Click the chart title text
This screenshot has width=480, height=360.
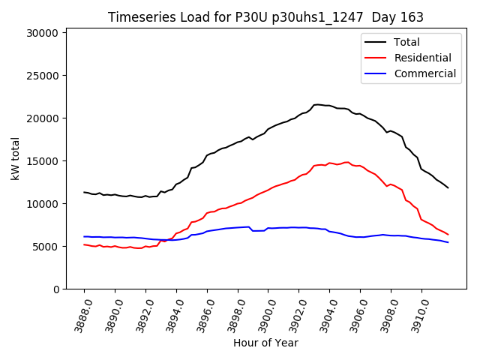click(265, 17)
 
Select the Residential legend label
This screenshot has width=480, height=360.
click(422, 58)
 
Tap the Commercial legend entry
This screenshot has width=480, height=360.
click(424, 73)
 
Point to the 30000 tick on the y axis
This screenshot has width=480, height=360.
click(43, 33)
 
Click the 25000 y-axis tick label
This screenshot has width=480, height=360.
click(43, 76)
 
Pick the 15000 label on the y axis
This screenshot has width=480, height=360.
click(43, 161)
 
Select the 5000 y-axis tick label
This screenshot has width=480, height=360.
click(46, 247)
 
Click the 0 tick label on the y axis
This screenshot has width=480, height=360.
click(56, 289)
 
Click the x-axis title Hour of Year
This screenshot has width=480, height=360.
click(265, 343)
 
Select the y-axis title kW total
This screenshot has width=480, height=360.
click(15, 158)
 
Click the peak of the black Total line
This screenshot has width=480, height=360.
click(316, 105)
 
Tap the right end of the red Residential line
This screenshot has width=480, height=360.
click(448, 235)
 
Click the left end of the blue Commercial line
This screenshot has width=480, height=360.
click(84, 236)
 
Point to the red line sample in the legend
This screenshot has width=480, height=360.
click(376, 58)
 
